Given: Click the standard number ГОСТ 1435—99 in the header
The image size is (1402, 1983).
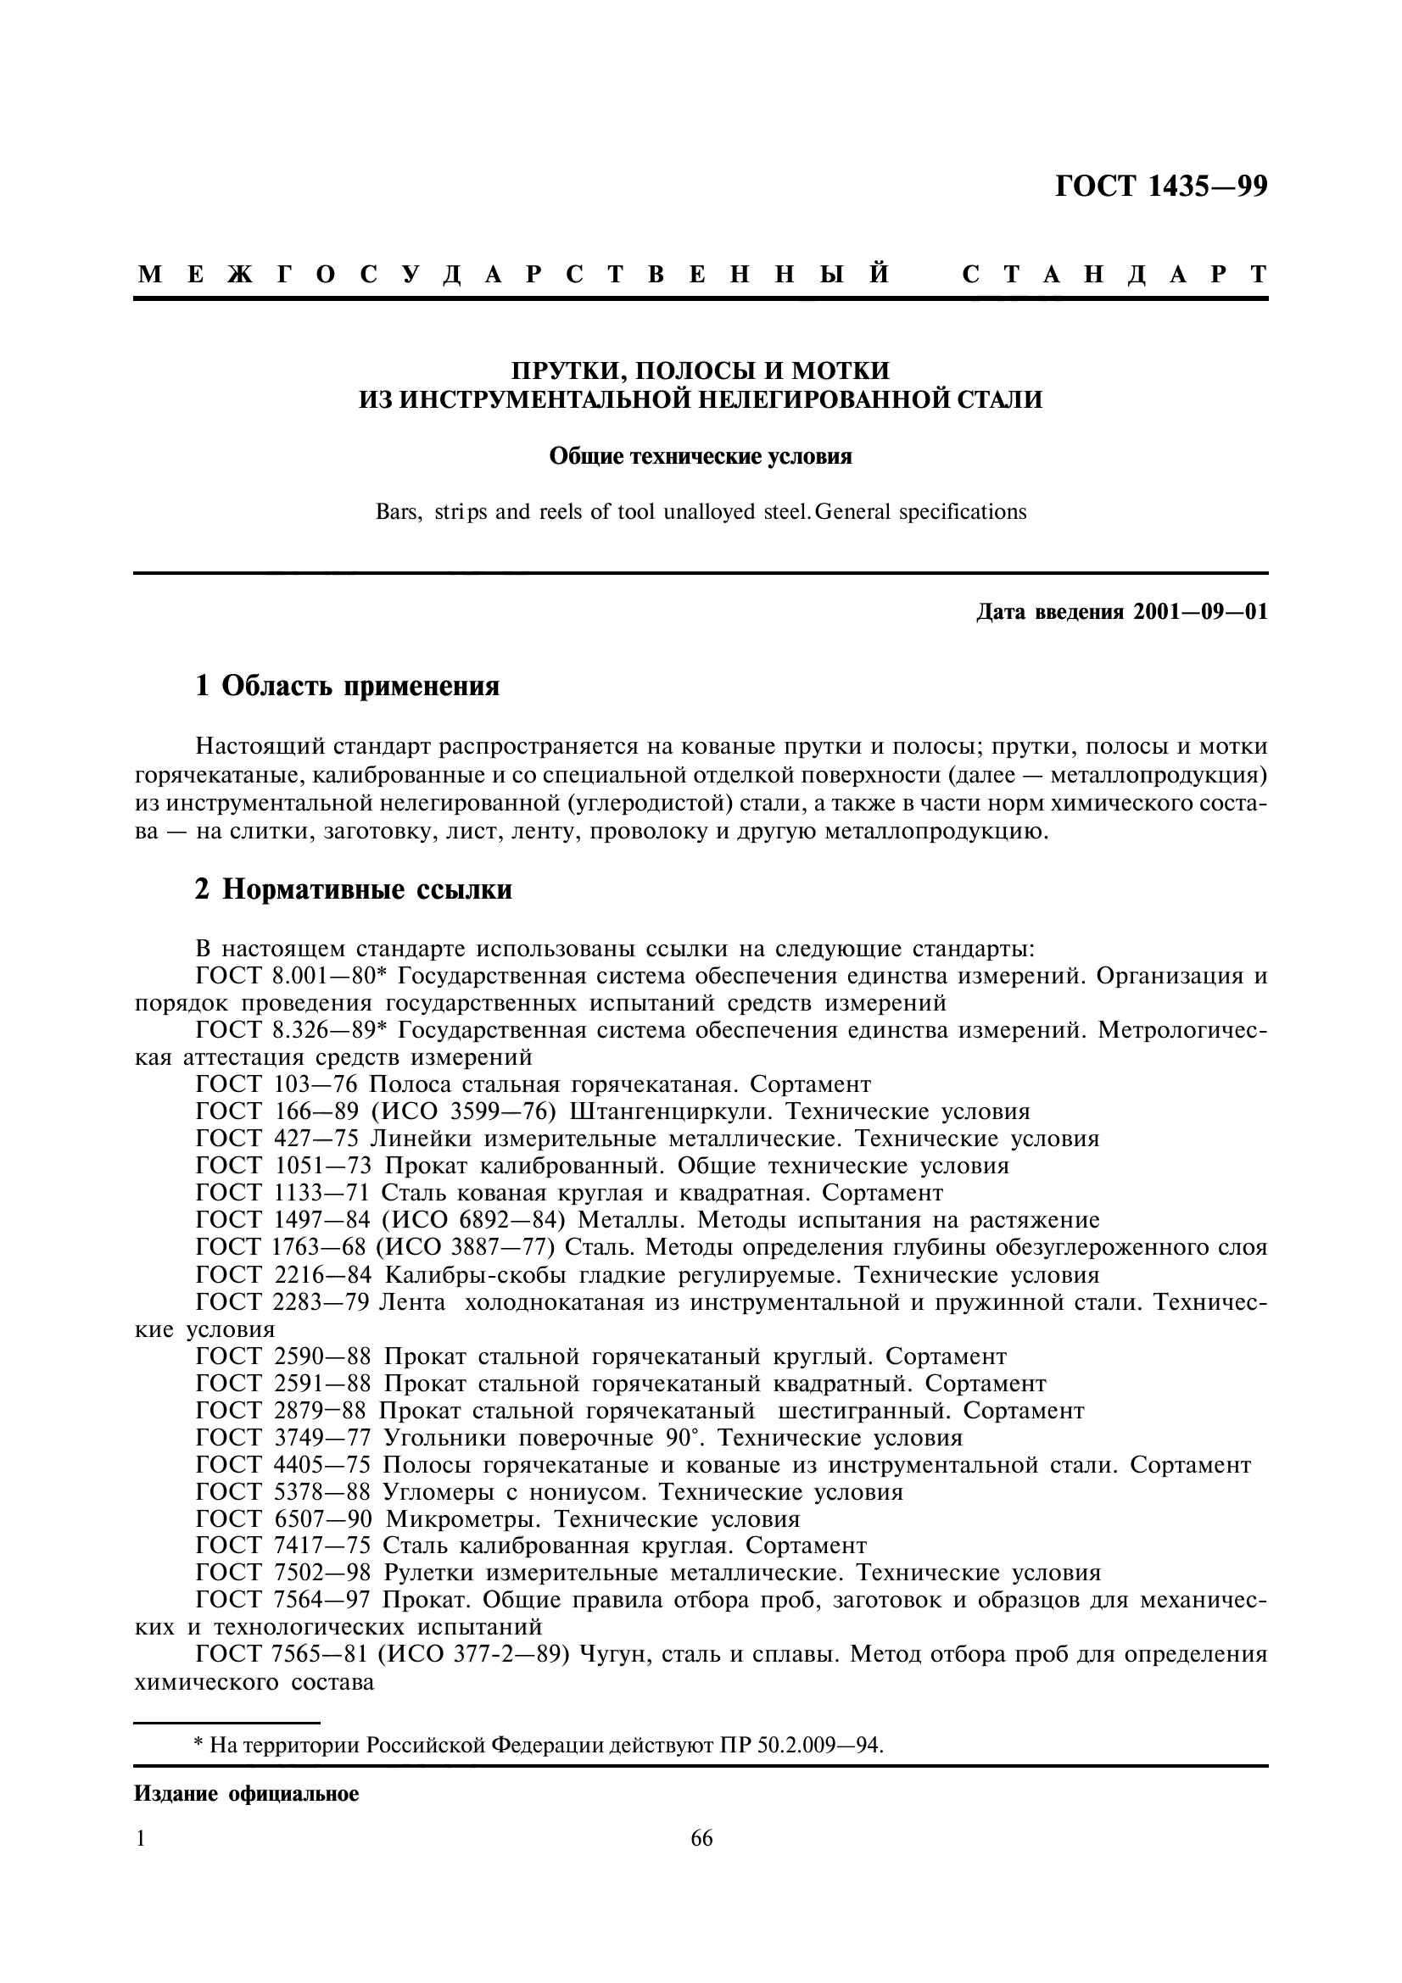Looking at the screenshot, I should pyautogui.click(x=1161, y=186).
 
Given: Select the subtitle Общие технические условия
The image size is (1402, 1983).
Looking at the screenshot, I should pyautogui.click(x=701, y=456).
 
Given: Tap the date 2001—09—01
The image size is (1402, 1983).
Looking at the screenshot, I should pyautogui.click(x=1200, y=612).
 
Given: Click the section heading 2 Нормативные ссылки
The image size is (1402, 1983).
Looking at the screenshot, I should pyautogui.click(x=354, y=889).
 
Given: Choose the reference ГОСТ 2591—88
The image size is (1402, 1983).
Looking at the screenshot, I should pyautogui.click(x=284, y=1384).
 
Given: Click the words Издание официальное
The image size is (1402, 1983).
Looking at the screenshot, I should pyautogui.click(x=246, y=1795).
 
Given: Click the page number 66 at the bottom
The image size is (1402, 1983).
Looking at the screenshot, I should pyautogui.click(x=701, y=1839).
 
